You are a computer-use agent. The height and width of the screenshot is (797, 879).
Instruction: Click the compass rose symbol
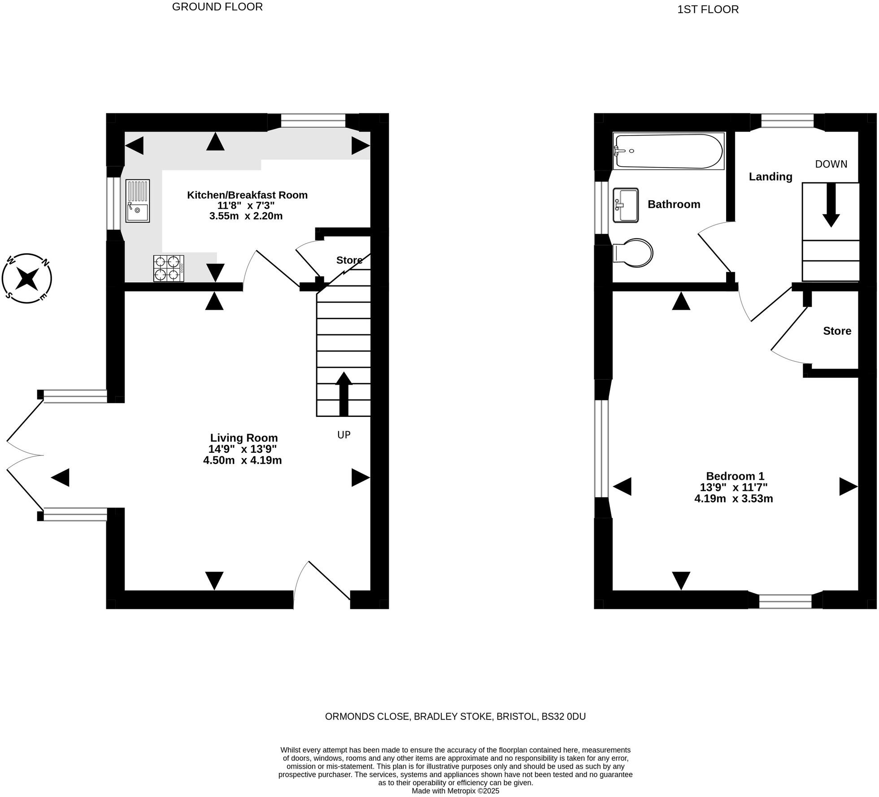coord(27,278)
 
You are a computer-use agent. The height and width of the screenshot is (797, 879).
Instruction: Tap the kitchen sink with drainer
coord(137,201)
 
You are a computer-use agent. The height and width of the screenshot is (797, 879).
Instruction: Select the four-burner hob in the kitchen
coord(169,268)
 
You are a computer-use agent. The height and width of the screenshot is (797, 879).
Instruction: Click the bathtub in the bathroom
coord(668,151)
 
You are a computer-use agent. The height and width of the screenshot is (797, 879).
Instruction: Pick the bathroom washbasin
coord(626,205)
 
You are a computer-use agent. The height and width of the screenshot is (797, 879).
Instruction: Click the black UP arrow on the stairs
coord(344,393)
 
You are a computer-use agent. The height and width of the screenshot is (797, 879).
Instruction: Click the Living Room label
coord(244,438)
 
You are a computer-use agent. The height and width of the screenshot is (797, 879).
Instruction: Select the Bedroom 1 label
coord(735,476)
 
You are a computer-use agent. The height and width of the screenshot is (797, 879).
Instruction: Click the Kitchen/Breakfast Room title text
coord(247,195)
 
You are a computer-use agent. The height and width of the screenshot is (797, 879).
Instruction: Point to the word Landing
coord(770,176)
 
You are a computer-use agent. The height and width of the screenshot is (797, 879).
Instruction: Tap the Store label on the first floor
coord(837,331)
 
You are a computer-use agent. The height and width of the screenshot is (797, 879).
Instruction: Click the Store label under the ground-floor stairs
coord(349,260)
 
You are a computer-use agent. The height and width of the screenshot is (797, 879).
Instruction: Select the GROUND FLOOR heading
coord(217,7)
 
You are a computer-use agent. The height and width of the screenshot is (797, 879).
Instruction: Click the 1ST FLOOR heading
coord(708,9)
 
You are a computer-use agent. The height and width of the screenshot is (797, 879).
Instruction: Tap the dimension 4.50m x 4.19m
coord(242,460)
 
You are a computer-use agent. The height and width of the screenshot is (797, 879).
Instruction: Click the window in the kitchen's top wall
coord(313,121)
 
